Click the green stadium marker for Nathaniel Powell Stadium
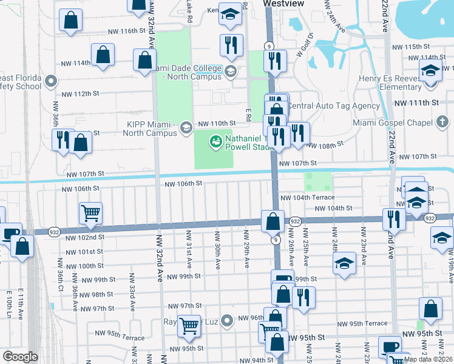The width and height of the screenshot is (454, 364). click(215, 143)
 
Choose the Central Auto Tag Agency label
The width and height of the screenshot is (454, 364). click(333, 106)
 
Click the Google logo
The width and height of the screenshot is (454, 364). click(20, 357)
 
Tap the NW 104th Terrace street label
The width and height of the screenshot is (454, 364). click(307, 198)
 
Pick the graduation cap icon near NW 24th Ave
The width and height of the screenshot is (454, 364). click(344, 264)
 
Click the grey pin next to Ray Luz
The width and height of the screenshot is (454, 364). click(227, 320)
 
